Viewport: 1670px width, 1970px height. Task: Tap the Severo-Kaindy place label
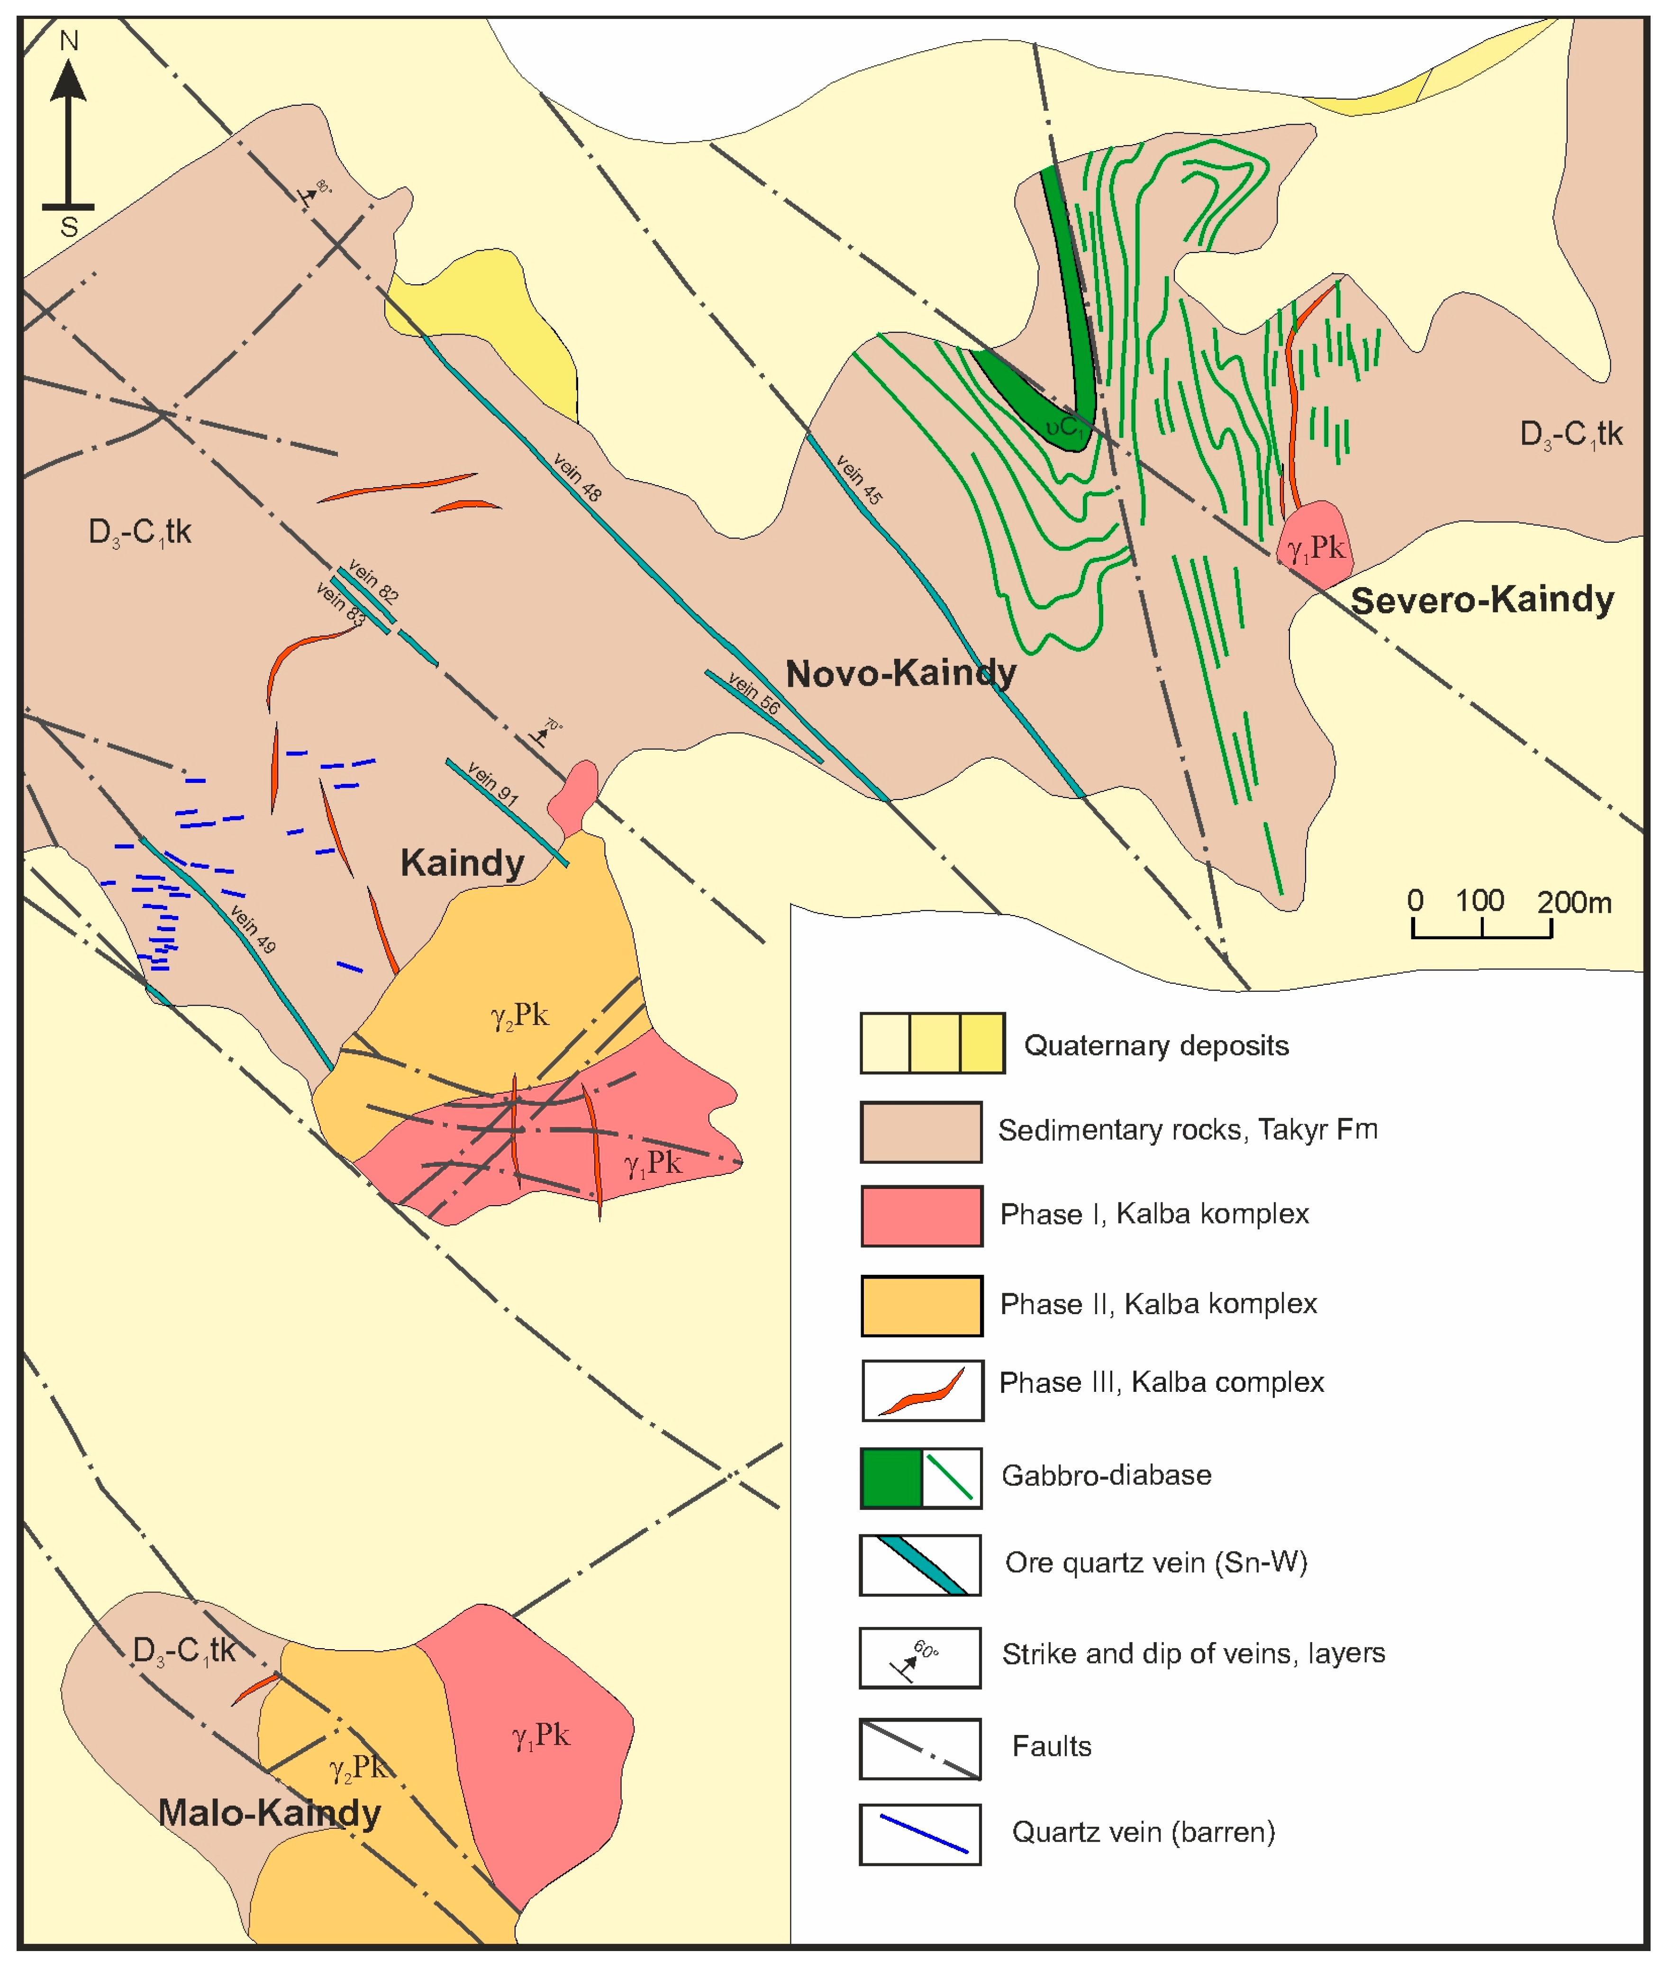1481,600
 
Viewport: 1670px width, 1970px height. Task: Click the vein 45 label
859,479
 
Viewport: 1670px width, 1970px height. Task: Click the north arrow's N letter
68,41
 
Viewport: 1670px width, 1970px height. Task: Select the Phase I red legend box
921,1216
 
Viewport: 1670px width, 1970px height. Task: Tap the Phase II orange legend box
921,1306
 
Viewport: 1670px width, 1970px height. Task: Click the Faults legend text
1051,1745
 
